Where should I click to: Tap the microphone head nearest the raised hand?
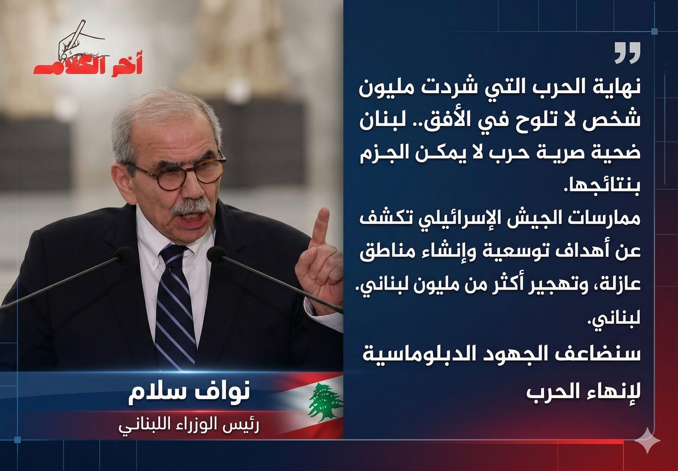pos(216,254)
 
